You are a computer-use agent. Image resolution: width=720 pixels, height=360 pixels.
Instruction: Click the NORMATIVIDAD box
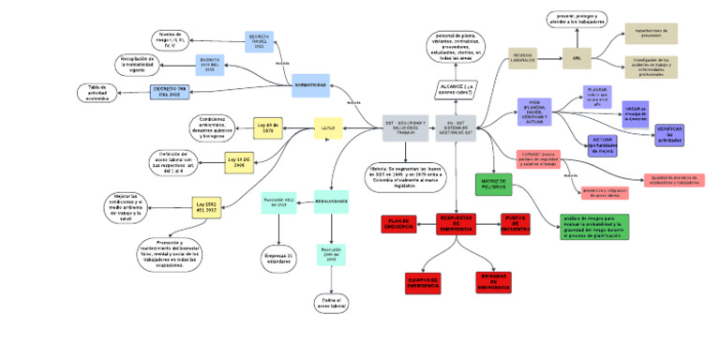tap(309, 85)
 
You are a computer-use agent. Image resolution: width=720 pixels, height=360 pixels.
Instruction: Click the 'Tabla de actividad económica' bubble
tap(103, 92)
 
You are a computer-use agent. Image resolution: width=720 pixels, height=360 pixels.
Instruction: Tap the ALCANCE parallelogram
tap(457, 88)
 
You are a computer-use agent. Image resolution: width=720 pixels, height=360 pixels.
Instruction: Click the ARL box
tap(577, 58)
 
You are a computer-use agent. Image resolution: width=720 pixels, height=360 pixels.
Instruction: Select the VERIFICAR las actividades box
tap(669, 134)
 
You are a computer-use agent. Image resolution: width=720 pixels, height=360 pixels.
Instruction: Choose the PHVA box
tap(534, 112)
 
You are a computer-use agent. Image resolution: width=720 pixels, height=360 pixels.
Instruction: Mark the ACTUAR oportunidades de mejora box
tap(603, 144)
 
